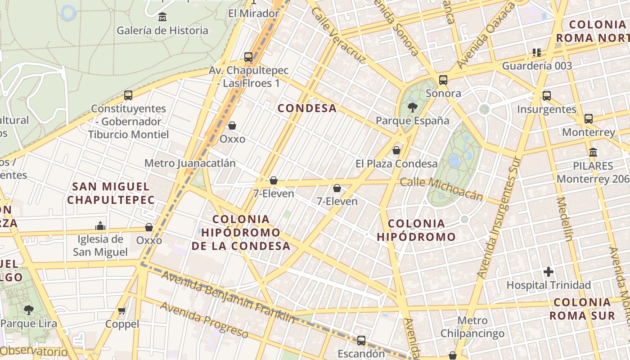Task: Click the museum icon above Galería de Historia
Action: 162,18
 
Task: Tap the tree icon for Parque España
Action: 412,108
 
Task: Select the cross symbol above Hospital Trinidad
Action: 548,272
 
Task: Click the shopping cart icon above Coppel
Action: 122,310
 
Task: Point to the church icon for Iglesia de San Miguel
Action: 100,225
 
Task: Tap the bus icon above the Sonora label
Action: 443,80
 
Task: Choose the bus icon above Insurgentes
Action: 547,96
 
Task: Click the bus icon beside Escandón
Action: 361,341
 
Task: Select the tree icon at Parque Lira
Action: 29,310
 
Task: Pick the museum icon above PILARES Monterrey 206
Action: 593,152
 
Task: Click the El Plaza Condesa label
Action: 396,164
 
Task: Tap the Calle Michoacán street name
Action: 441,189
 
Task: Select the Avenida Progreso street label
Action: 204,319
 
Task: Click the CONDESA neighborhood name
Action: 307,108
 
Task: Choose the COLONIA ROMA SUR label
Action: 582,309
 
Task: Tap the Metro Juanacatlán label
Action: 190,163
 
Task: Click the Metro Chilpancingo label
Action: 472,327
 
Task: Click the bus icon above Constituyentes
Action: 128,95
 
